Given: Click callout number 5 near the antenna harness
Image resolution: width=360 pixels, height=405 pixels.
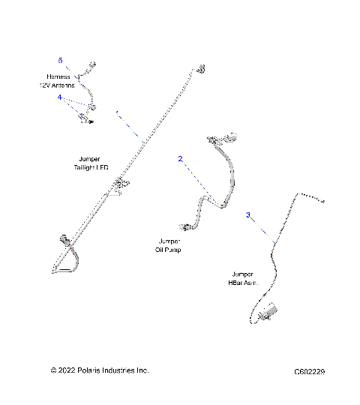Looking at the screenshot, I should click(61, 59).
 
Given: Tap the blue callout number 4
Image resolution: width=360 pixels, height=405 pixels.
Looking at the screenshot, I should click(61, 97).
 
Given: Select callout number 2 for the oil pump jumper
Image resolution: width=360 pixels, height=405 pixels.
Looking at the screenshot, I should click(180, 158).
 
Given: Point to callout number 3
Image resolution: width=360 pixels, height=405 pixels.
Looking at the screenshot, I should click(248, 215).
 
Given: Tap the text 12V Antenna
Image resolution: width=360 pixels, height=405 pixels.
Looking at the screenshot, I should click(61, 85).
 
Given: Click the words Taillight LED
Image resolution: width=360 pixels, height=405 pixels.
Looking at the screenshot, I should click(91, 167).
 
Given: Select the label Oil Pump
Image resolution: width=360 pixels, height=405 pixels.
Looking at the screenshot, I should click(168, 250).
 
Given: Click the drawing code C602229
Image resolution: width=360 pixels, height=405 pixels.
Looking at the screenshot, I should click(314, 371).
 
